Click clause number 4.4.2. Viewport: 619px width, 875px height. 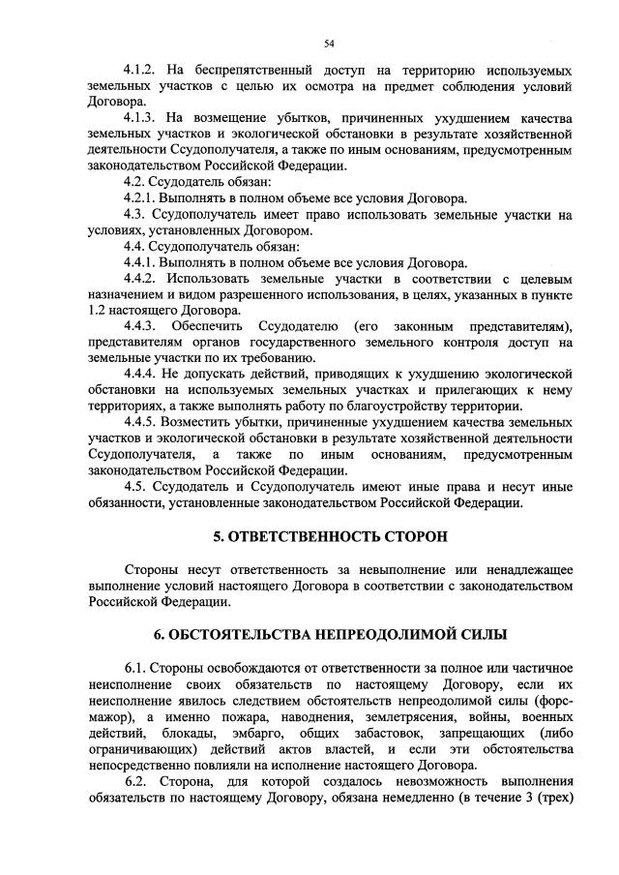143,279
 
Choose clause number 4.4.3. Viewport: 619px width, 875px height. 143,326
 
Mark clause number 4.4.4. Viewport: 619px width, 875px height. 143,374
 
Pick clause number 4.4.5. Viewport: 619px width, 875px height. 143,422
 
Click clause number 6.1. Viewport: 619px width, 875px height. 137,669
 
